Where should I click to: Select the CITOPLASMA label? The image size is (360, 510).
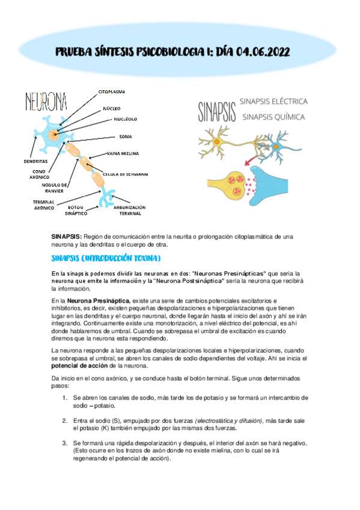coord(112,91)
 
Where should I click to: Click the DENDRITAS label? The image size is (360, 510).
coord(35,161)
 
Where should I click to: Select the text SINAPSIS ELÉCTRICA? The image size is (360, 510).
coord(273,101)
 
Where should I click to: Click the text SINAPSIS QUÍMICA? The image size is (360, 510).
coord(273,117)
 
